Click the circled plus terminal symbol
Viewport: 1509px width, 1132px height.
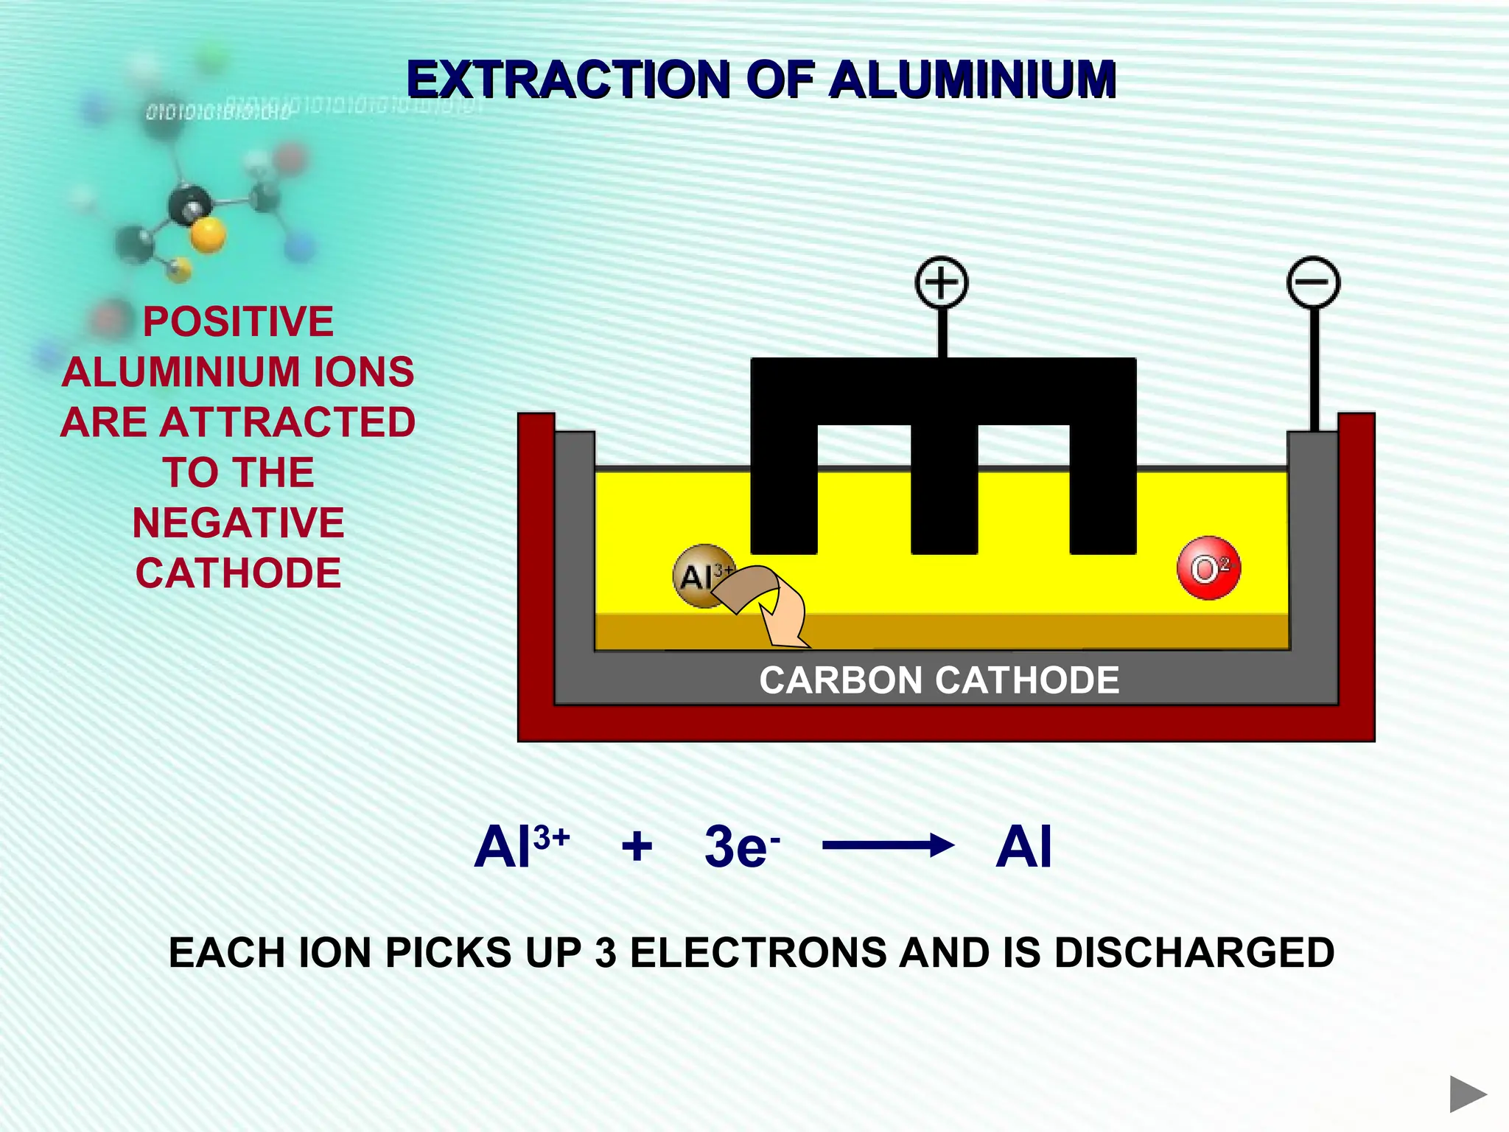pyautogui.click(x=941, y=282)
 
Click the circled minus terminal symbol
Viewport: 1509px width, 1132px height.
pyautogui.click(x=1313, y=282)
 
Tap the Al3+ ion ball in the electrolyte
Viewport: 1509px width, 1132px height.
pyautogui.click(x=700, y=576)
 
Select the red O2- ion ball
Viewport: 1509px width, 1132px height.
pyautogui.click(x=1208, y=568)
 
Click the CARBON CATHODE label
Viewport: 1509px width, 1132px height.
pyautogui.click(x=939, y=680)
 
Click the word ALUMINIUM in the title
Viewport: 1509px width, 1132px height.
pyautogui.click(x=973, y=79)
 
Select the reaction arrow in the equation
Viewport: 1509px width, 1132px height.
pyautogui.click(x=888, y=845)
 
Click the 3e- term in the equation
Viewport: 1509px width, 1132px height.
pyautogui.click(x=741, y=847)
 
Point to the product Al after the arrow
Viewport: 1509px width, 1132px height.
pyautogui.click(x=1023, y=847)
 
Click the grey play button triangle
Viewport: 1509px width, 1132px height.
pyautogui.click(x=1467, y=1094)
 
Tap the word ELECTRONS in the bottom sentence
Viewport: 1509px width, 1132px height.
pyautogui.click(x=759, y=952)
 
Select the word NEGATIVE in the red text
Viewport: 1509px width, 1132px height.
pyautogui.click(x=238, y=523)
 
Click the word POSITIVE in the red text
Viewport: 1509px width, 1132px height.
pyautogui.click(x=238, y=322)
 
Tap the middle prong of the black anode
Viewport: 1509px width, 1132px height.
pyautogui.click(x=944, y=494)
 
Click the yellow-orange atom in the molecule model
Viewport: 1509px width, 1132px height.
pyautogui.click(x=208, y=235)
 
